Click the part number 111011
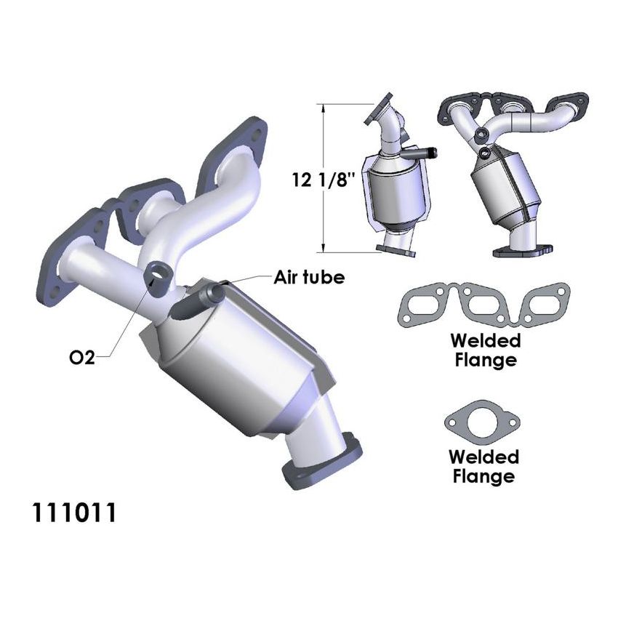coord(73,513)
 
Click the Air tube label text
coord(308,277)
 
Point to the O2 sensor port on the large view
coord(157,275)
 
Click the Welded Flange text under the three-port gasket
coord(485,349)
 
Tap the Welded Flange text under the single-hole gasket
coord(483,467)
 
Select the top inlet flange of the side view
coord(382,108)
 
